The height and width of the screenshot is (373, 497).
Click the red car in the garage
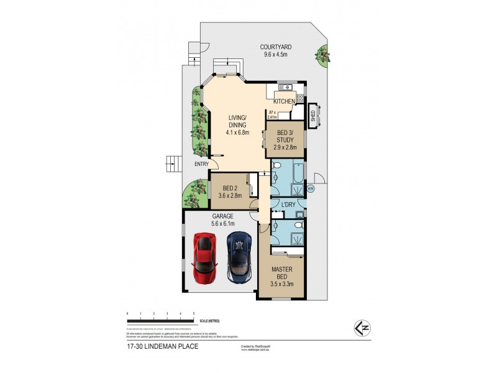tap(206, 257)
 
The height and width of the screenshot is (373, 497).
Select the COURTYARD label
tap(276, 47)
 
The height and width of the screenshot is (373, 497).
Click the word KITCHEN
tap(284, 101)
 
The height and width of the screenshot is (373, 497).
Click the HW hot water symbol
tap(310, 188)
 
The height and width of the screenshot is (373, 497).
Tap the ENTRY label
tap(201, 164)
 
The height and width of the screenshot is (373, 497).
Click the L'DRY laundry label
tap(288, 205)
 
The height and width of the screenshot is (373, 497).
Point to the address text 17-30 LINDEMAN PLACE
tap(162, 346)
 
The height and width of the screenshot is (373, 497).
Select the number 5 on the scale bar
tap(194, 313)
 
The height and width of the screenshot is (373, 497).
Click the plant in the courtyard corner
tap(323, 56)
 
